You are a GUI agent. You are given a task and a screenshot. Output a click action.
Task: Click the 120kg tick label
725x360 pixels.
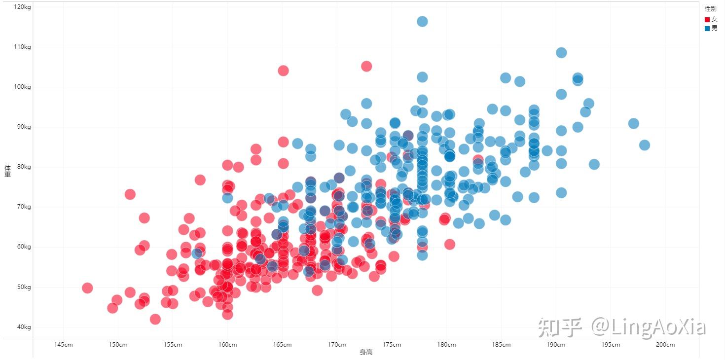22,7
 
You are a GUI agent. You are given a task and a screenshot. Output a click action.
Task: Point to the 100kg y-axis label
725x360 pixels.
22,87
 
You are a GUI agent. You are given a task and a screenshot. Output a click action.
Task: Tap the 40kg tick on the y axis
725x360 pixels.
24,327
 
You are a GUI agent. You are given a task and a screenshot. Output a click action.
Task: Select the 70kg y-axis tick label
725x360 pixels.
24,207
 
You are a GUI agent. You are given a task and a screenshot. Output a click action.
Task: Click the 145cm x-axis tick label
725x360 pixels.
63,344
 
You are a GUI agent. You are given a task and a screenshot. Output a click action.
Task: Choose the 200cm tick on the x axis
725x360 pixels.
665,344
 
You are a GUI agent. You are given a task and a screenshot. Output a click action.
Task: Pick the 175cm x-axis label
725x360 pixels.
392,344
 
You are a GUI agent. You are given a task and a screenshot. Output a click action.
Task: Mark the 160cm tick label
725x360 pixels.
227,344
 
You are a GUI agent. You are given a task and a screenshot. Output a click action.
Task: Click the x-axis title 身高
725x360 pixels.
366,352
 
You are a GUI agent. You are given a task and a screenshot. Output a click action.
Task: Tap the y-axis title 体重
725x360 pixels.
7,171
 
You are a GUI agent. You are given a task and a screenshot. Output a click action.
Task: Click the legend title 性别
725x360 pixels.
710,9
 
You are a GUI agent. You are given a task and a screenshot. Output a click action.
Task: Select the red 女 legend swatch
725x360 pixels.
707,20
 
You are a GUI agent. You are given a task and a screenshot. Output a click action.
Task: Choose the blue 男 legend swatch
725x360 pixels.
707,29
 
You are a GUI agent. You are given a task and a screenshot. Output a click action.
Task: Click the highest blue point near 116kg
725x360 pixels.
422,21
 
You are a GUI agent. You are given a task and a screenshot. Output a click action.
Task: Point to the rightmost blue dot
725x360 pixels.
645,145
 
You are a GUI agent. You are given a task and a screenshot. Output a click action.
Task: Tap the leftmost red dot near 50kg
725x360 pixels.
87,288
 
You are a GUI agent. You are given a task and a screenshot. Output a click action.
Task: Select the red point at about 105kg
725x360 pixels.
366,67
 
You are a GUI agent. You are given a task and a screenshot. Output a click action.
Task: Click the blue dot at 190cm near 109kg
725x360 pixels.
561,52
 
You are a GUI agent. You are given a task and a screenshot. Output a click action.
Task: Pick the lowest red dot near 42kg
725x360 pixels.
155,319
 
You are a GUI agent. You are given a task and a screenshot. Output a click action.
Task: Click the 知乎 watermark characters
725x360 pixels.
560,327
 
